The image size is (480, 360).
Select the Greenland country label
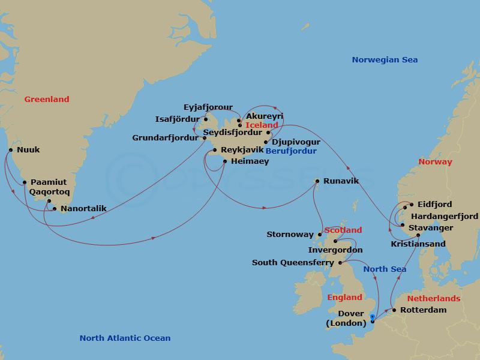click(47, 100)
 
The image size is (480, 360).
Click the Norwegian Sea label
click(385, 59)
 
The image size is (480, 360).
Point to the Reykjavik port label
click(242, 149)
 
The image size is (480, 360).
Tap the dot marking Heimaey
click(225, 161)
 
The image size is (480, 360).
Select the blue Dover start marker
click(373, 317)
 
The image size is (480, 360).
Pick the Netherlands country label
click(434, 298)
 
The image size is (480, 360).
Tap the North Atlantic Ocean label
click(125, 338)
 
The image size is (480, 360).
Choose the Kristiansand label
click(418, 244)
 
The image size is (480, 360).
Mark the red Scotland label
click(343, 230)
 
